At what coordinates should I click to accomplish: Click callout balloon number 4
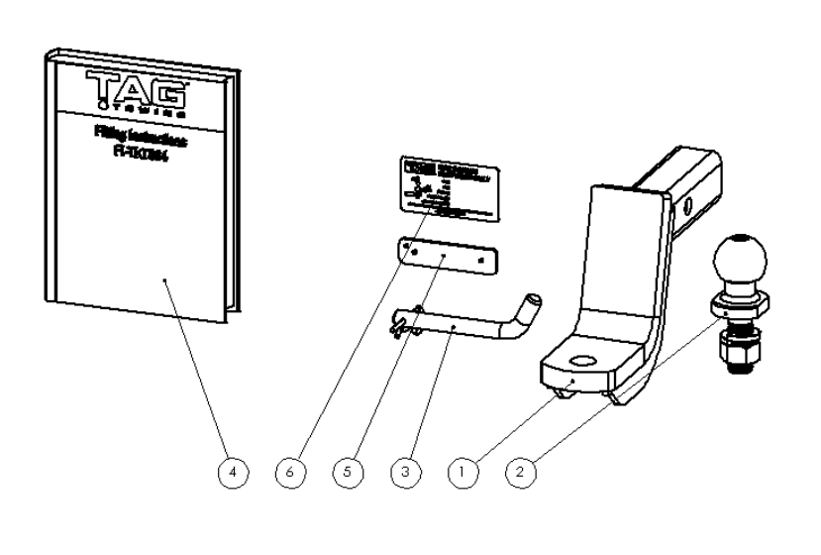232,473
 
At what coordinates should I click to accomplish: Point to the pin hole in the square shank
684,207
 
